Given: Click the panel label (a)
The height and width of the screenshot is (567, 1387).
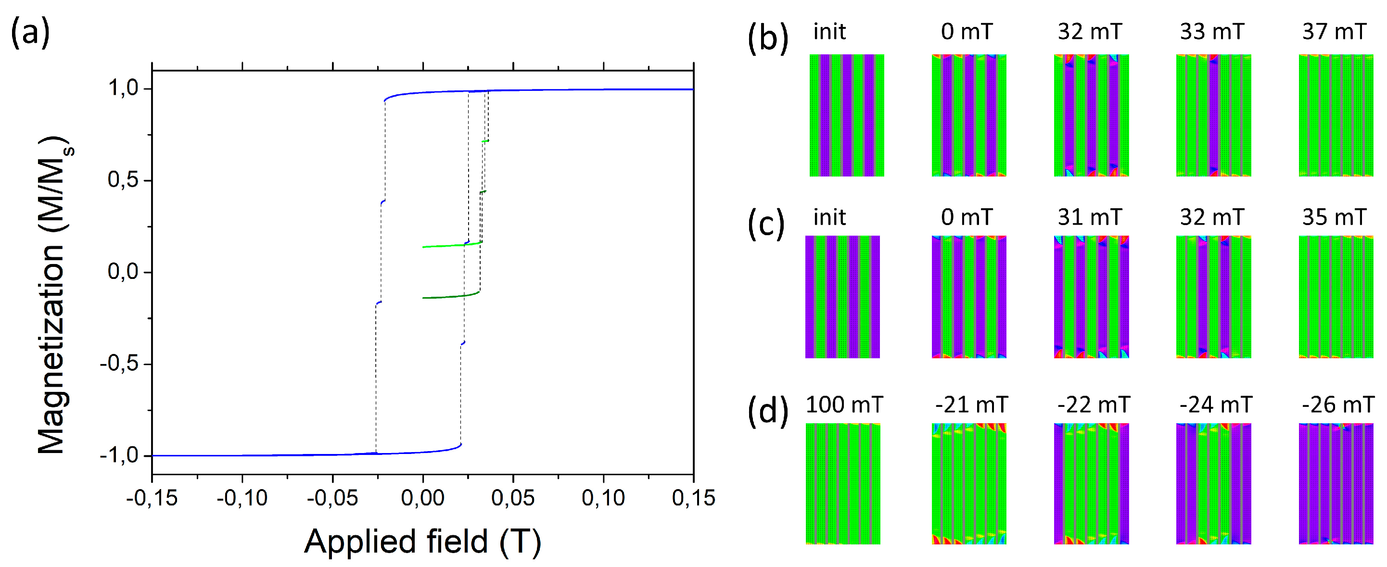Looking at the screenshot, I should click(30, 32).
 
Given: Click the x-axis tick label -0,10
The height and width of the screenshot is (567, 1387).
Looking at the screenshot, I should click(242, 498).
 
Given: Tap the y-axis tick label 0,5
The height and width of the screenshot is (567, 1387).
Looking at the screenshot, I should click(123, 180).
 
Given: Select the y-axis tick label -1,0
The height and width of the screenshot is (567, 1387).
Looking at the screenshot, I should click(119, 455).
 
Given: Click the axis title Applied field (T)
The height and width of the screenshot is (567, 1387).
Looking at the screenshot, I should click(423, 541).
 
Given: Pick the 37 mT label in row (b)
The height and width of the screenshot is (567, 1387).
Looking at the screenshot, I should click(1334, 32).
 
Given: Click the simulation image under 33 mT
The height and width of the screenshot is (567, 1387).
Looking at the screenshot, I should click(1213, 115).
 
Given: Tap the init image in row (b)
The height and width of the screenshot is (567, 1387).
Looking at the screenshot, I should click(846, 115).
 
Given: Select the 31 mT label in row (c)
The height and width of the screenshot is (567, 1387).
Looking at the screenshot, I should click(1090, 217).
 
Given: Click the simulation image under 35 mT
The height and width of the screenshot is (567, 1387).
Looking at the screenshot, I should click(1336, 297).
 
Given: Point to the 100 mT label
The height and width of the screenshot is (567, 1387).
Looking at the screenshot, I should click(844, 405).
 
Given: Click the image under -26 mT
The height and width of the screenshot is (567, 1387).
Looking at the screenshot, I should click(1336, 483).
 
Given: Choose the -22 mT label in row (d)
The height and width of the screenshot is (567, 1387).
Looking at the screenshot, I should click(1093, 405).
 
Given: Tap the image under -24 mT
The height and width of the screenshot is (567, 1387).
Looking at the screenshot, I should click(1214, 483).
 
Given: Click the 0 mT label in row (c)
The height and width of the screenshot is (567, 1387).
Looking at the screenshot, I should click(967, 217).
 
